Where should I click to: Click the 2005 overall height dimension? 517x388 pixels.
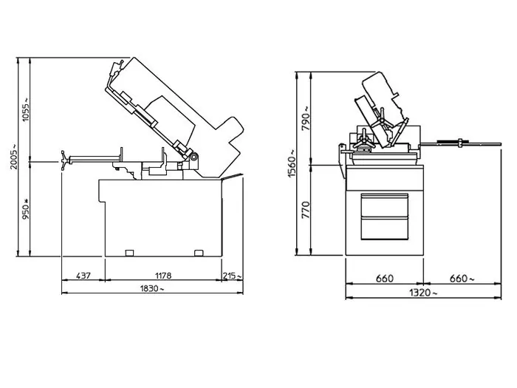point(14,157)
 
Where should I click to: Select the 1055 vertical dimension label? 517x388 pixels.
point(25,109)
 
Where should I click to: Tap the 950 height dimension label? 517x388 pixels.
point(26,209)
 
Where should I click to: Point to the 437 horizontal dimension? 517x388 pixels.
point(83,276)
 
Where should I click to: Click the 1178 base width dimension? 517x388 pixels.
point(163,276)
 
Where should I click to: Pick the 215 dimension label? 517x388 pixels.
point(232,276)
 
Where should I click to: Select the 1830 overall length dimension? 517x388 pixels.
point(151,288)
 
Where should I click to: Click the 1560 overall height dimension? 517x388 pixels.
point(292,163)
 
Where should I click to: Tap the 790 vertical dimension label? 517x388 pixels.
point(306,118)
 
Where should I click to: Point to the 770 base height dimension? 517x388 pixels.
point(306,210)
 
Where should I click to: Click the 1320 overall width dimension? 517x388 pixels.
point(423,293)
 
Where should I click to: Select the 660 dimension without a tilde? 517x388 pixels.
point(385,279)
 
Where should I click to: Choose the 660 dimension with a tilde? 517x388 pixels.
point(462,279)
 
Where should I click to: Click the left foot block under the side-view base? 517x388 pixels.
point(130,253)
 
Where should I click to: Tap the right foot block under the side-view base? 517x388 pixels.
point(199,253)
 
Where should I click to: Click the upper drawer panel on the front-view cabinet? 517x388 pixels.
point(385,205)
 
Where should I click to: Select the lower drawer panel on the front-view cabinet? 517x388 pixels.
point(385,228)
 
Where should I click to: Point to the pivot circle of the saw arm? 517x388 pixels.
point(194,157)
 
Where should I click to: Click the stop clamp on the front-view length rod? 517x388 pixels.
point(461,143)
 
